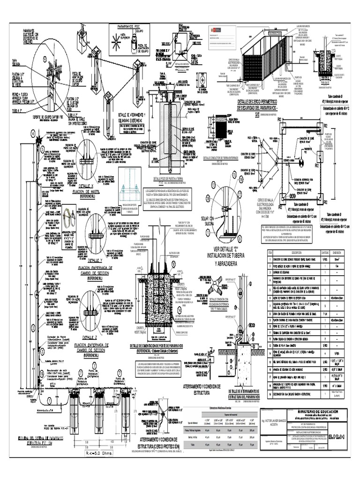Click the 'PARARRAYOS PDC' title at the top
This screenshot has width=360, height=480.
[x=125, y=28]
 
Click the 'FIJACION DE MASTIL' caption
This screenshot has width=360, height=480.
[x=96, y=191]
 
